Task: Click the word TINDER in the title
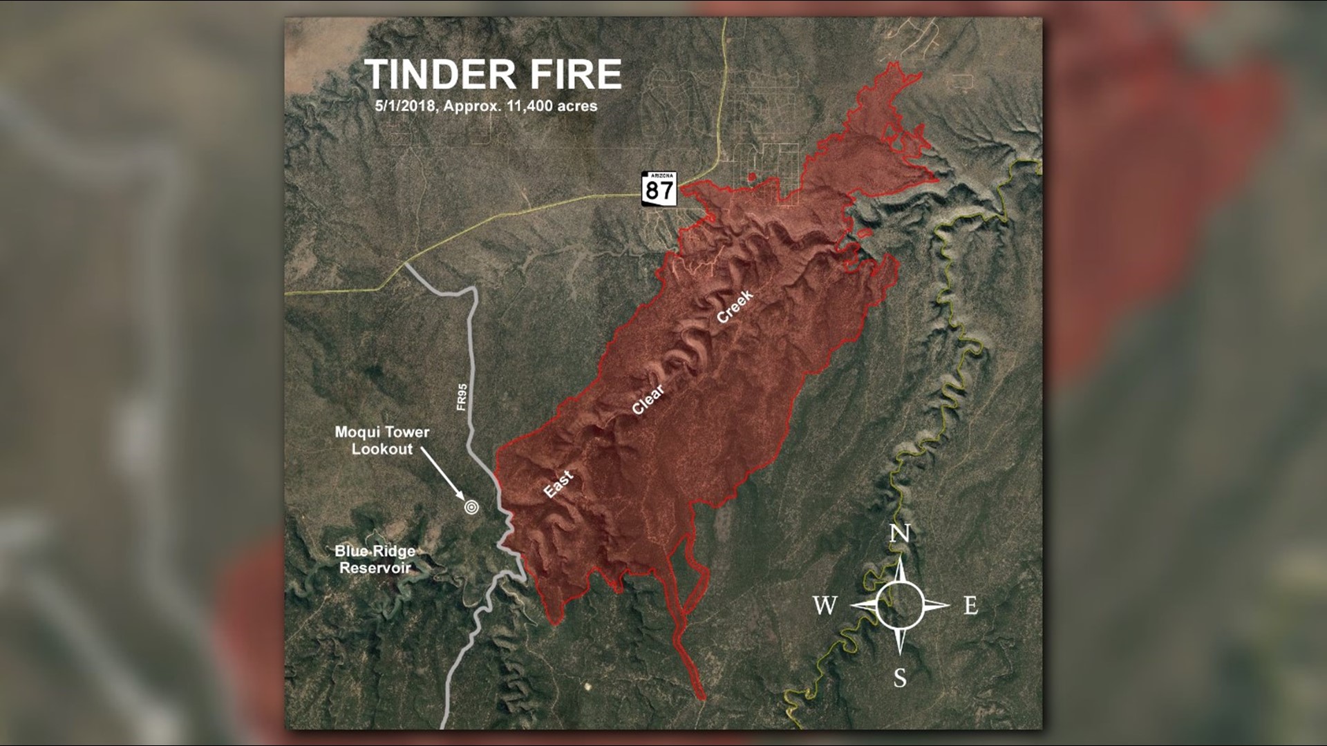tap(440, 75)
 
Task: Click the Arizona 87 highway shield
tap(659, 189)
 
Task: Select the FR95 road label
tap(462, 398)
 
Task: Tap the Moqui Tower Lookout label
tap(382, 440)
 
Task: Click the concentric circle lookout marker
tap(471, 507)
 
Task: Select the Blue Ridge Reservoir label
tap(375, 559)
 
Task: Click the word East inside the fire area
tap(558, 484)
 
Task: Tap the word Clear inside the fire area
tap(648, 399)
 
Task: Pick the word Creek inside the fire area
tap(735, 307)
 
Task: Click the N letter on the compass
tap(898, 534)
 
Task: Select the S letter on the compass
tap(899, 678)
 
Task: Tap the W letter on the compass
tap(825, 606)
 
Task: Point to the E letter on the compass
tap(970, 606)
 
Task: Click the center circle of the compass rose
tap(898, 605)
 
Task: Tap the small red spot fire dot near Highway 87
tap(752, 178)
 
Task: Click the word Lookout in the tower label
tap(382, 449)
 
